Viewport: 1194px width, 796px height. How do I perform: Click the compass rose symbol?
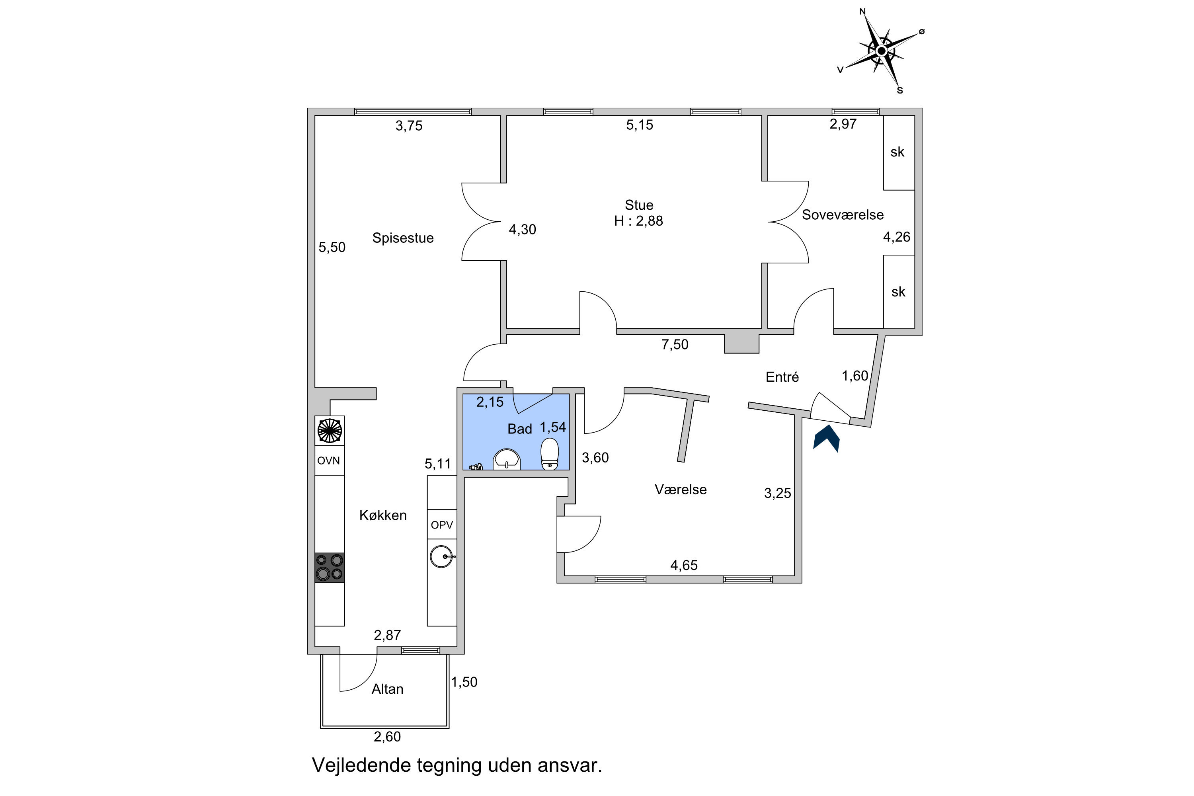coord(881,51)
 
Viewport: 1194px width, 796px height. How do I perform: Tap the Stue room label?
coord(639,205)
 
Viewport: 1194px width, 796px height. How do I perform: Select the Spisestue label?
coord(403,238)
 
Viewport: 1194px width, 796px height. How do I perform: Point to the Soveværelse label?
coord(843,215)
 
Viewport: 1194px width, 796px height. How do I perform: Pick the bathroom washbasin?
coord(507,459)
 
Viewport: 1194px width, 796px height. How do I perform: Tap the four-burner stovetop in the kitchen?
coord(330,567)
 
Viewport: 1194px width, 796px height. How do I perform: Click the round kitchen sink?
coord(442,556)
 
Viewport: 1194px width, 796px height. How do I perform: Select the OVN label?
coord(328,461)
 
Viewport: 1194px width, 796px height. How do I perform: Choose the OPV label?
coord(442,525)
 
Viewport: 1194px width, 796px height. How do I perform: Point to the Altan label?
coord(387,689)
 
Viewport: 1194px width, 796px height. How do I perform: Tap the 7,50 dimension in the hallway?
coord(675,344)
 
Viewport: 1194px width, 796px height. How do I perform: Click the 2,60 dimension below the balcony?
coord(387,737)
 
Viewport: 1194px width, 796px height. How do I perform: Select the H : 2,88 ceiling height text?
coord(639,221)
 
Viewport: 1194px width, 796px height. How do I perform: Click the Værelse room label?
coord(681,490)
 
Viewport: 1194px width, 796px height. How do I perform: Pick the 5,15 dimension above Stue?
coord(640,125)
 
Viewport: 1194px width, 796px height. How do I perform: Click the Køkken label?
coord(383,515)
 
